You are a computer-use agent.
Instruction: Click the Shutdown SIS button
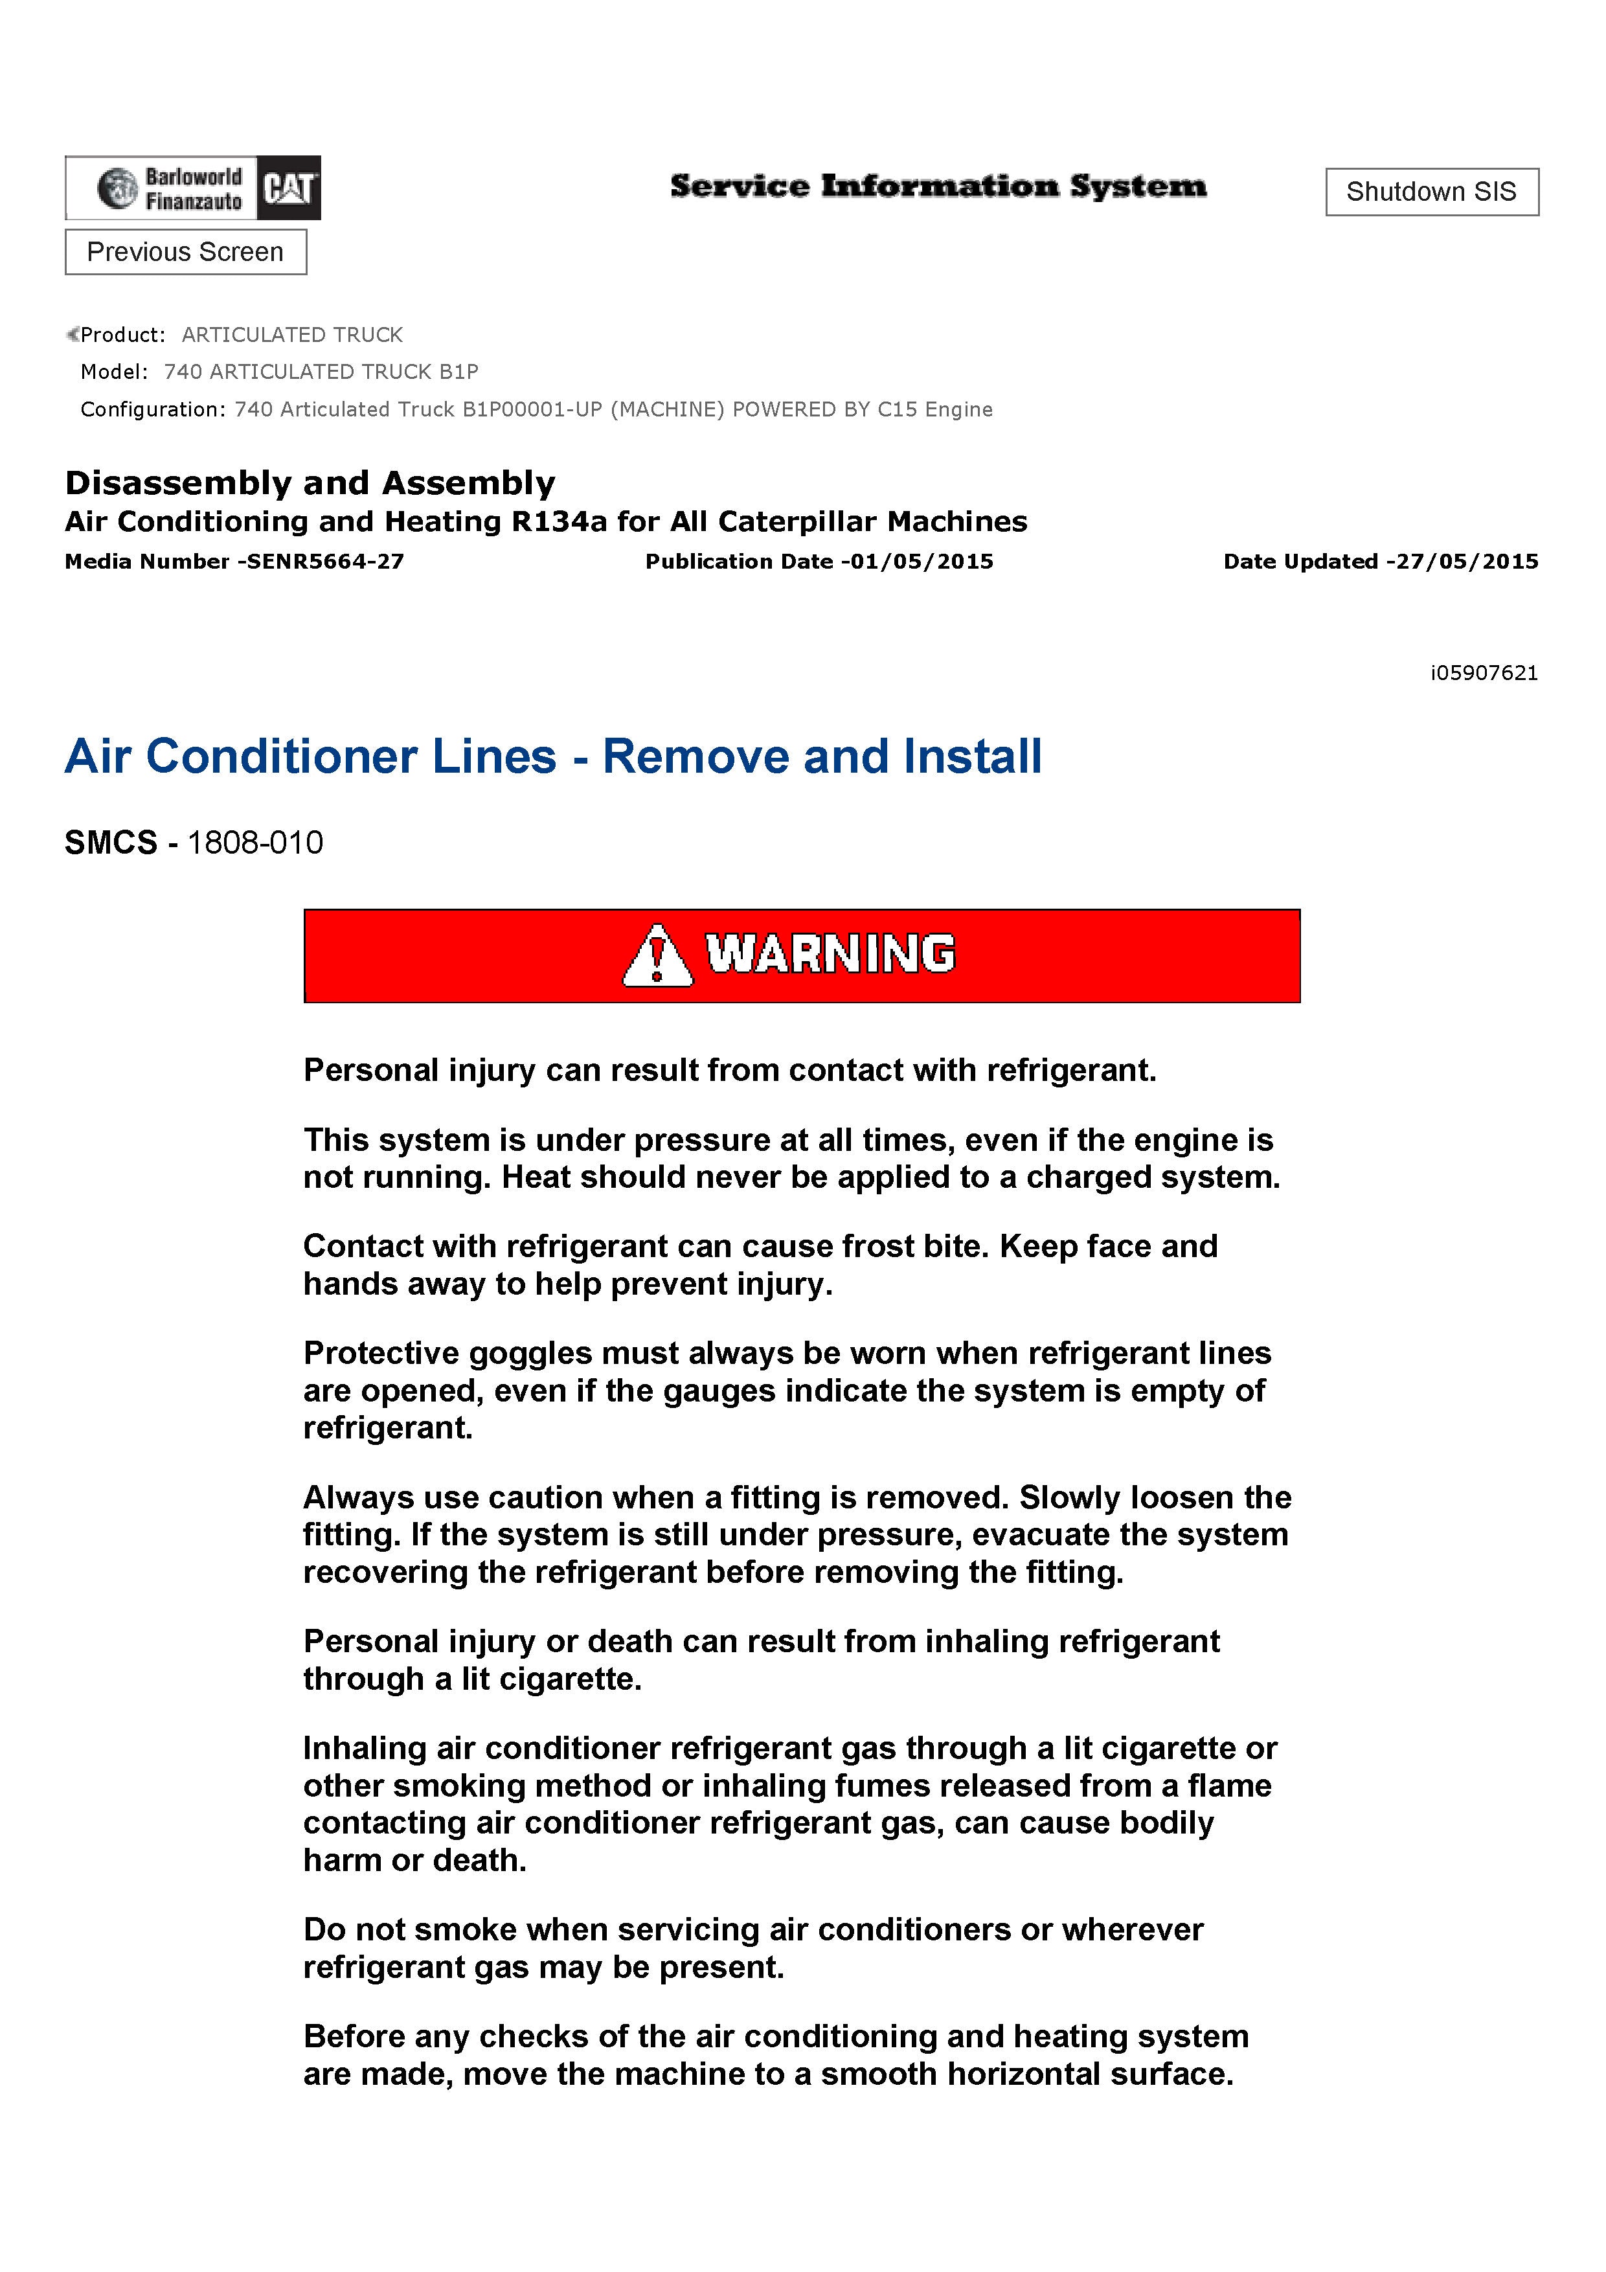(1431, 192)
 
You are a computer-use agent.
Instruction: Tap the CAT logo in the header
(288, 188)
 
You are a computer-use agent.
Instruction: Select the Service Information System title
(938, 186)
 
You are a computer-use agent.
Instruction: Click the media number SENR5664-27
(326, 562)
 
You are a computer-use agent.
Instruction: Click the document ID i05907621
(1484, 674)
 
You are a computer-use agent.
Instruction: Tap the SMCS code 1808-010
(255, 843)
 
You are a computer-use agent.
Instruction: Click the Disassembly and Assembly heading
(310, 483)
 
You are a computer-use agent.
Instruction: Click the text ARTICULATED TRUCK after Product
(292, 335)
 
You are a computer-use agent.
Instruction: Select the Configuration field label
(152, 410)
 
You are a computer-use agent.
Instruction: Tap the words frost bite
(905, 1247)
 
